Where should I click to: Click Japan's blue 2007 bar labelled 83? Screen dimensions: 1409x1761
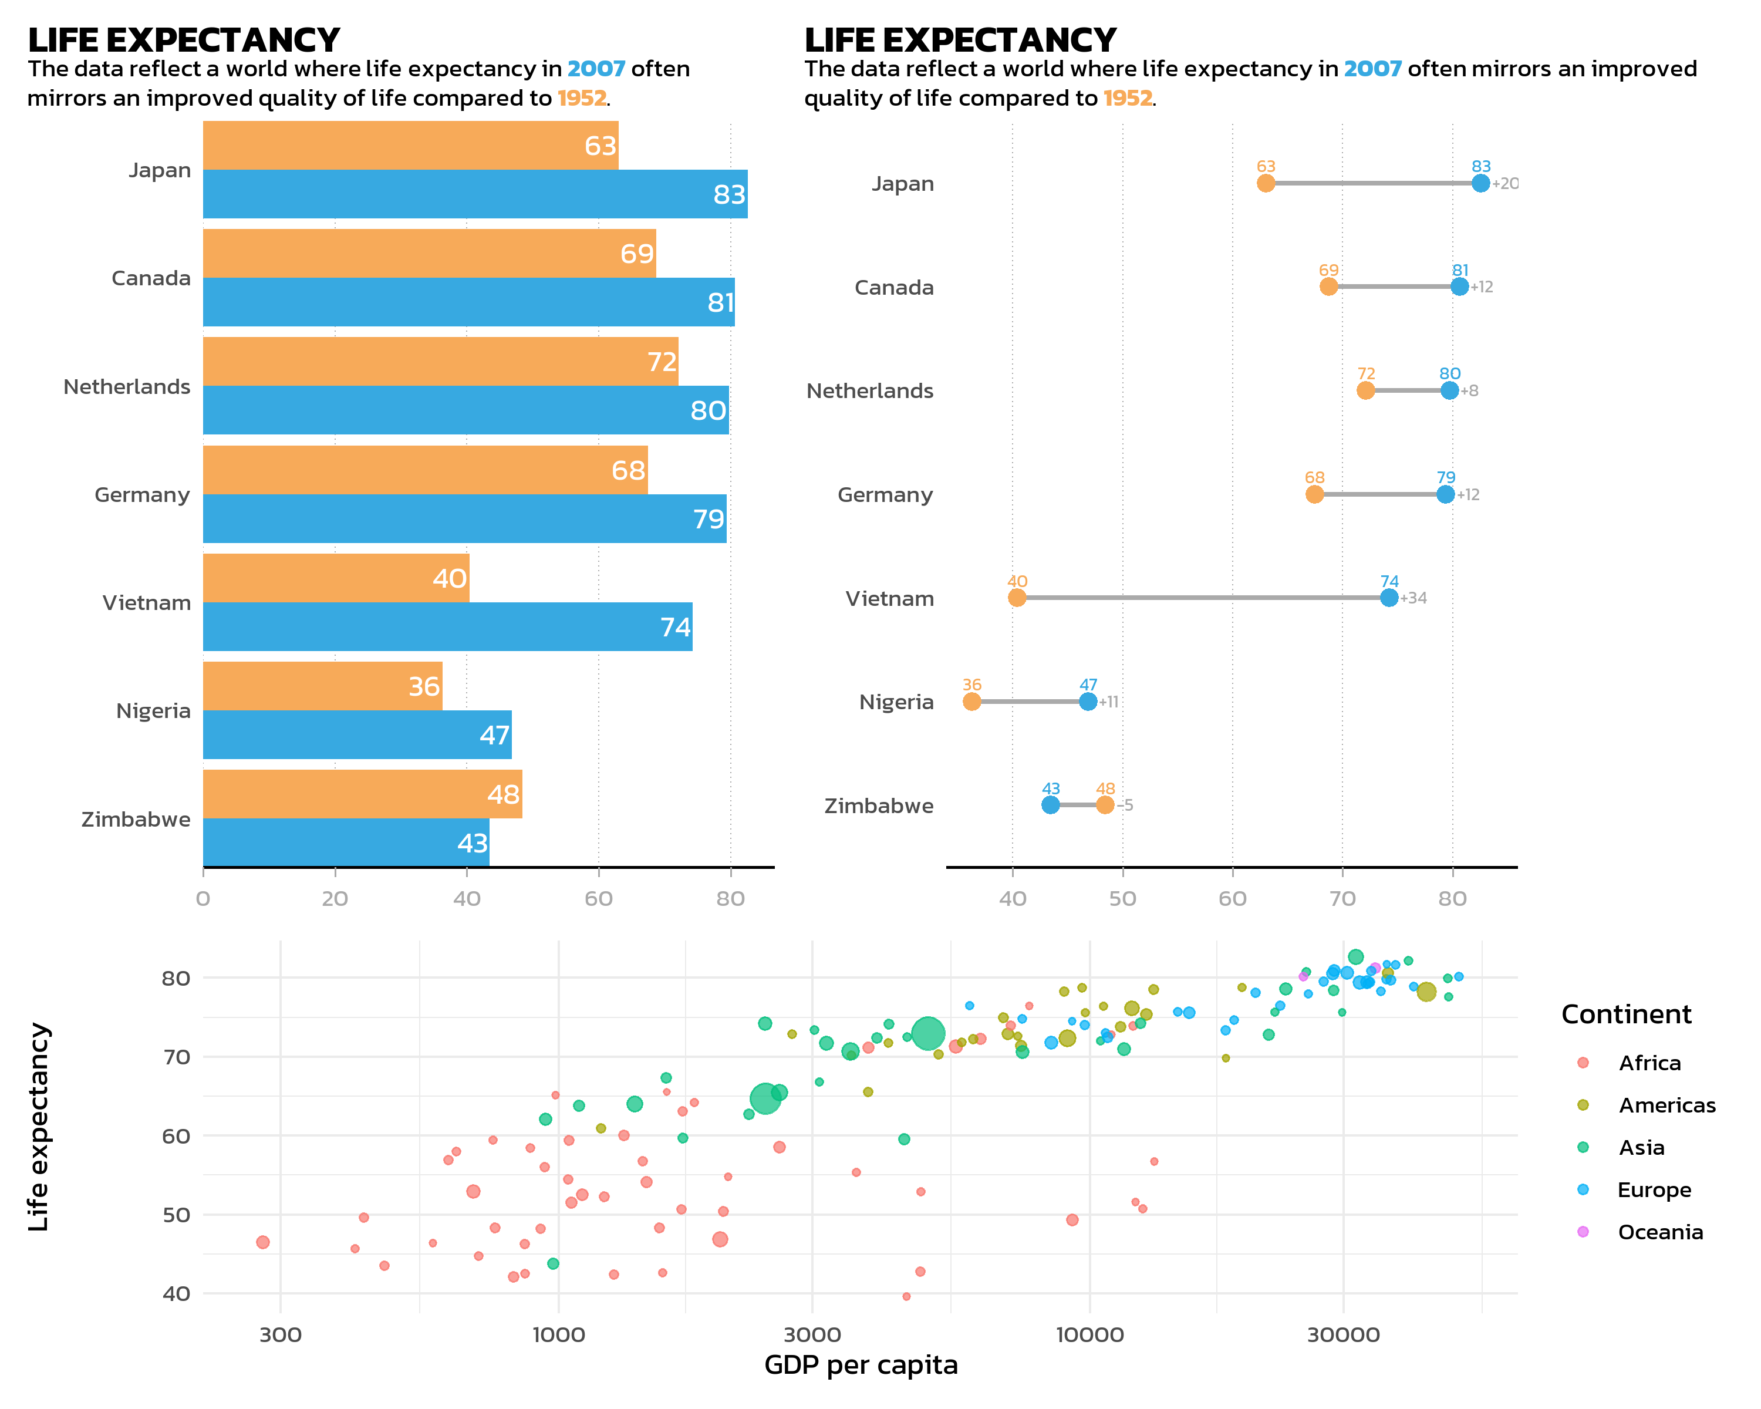click(x=474, y=194)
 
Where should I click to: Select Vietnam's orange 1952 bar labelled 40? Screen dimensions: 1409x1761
click(x=335, y=578)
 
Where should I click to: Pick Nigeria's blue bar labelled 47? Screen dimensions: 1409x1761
click(x=357, y=735)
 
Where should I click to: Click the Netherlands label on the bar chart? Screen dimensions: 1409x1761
click(x=127, y=387)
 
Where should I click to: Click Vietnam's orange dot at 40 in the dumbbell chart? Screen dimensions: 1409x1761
click(x=1017, y=598)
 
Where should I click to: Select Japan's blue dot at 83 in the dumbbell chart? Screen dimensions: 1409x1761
click(x=1481, y=183)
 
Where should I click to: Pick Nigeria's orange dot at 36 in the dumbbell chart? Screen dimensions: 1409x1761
click(x=971, y=702)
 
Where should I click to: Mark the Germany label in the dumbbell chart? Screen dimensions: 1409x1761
click(x=885, y=495)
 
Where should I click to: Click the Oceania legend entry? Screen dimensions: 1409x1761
click(x=1659, y=1232)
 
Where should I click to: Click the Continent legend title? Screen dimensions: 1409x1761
click(x=1626, y=1014)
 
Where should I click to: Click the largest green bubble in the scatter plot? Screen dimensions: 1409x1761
click(x=928, y=1033)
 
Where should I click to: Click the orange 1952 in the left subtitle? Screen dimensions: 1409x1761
click(x=582, y=98)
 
